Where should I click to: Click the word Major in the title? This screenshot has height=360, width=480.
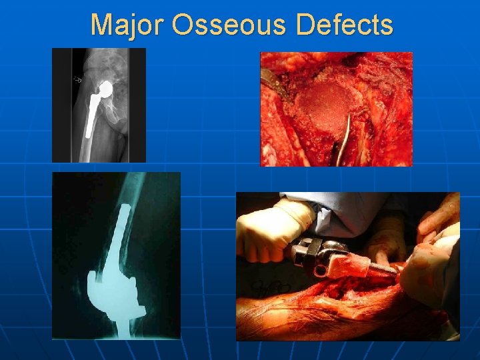click(x=127, y=25)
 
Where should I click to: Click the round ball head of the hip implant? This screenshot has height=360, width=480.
click(x=104, y=87)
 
